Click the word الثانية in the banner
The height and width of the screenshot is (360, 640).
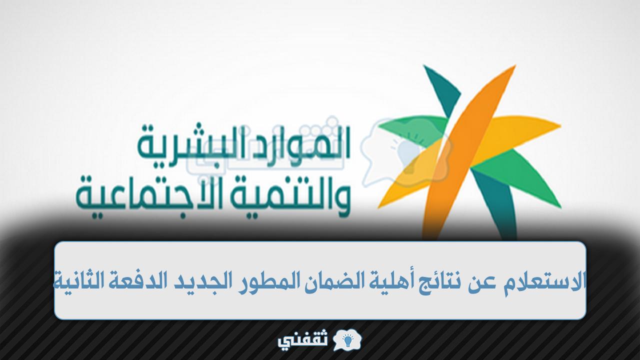(x=79, y=280)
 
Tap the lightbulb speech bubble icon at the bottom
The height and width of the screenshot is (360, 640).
(x=347, y=340)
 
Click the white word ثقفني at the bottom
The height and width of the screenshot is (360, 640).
(x=303, y=340)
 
